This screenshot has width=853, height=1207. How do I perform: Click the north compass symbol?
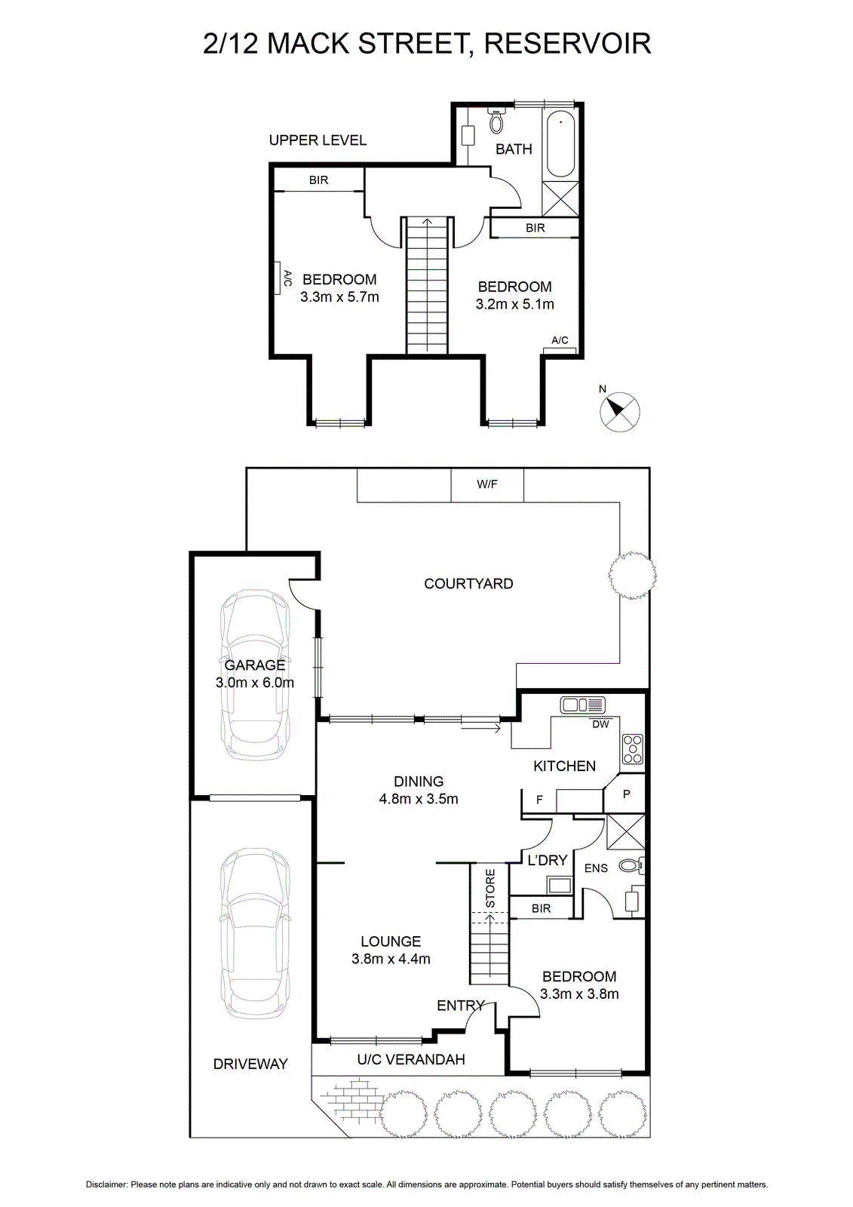click(620, 410)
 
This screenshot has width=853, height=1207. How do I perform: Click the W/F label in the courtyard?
click(486, 484)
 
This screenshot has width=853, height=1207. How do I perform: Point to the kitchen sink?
click(582, 704)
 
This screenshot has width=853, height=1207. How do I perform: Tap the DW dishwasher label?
click(600, 724)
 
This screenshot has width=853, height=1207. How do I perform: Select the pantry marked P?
click(624, 793)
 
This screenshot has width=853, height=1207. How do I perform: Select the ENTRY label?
click(460, 1005)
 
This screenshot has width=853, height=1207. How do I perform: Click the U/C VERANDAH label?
click(410, 1059)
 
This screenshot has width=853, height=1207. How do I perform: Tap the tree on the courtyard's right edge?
click(632, 574)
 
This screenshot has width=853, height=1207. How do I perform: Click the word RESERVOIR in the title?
click(567, 43)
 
